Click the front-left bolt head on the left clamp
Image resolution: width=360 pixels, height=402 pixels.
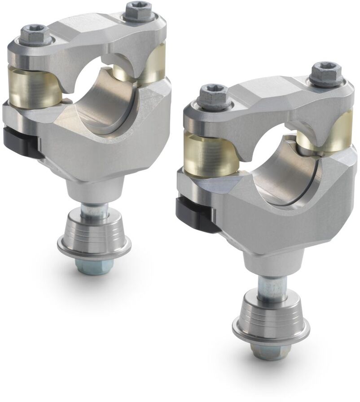(x=35, y=34)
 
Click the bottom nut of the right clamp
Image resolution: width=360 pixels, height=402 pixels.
(x=268, y=351)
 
